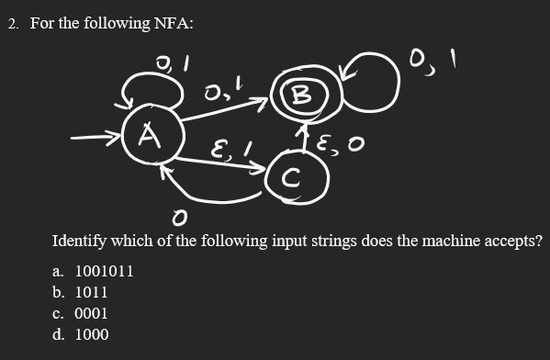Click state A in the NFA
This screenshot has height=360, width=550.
[147, 140]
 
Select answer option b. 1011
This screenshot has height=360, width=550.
[81, 292]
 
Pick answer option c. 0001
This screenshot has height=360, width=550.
[81, 313]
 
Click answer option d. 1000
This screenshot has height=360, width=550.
[81, 334]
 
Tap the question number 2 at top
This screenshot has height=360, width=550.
[13, 23]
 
